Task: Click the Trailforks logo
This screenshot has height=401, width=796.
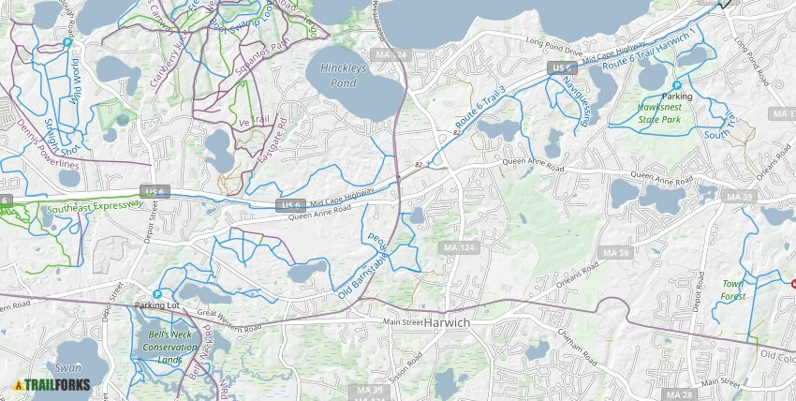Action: pos(52,384)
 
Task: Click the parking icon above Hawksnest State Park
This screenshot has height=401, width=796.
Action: pos(677,85)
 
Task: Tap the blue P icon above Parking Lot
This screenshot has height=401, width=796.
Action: pos(157,294)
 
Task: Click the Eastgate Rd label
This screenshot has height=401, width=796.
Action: pos(273,149)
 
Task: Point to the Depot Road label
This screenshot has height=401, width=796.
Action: pos(697,319)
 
